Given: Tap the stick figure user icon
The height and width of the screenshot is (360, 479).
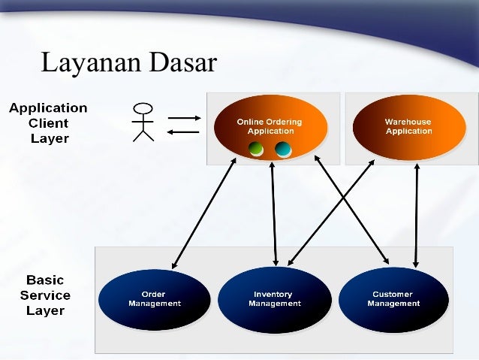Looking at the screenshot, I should [143, 122].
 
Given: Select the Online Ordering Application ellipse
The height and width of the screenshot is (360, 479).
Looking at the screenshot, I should [271, 126].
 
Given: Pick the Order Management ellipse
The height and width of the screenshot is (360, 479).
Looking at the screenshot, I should [154, 300].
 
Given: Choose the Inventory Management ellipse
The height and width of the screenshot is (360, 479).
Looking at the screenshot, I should [274, 300].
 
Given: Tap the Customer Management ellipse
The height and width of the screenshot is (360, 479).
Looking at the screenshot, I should [393, 300].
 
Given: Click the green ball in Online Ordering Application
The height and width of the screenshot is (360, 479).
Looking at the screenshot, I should [257, 149].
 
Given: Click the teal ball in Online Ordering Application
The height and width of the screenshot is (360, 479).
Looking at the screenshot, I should [283, 149].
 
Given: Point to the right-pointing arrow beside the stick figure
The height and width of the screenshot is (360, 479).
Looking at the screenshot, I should [183, 117].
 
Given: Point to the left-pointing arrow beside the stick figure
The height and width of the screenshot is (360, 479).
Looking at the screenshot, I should [183, 132].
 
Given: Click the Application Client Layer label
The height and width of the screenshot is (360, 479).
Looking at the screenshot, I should [48, 123].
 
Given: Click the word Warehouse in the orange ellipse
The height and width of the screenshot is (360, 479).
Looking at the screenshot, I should [408, 122].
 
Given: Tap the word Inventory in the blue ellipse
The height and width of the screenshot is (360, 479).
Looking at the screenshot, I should [273, 295].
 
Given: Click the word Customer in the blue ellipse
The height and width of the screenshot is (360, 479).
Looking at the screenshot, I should [393, 295].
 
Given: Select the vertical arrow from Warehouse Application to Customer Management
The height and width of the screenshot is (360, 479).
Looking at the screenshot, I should [416, 216].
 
